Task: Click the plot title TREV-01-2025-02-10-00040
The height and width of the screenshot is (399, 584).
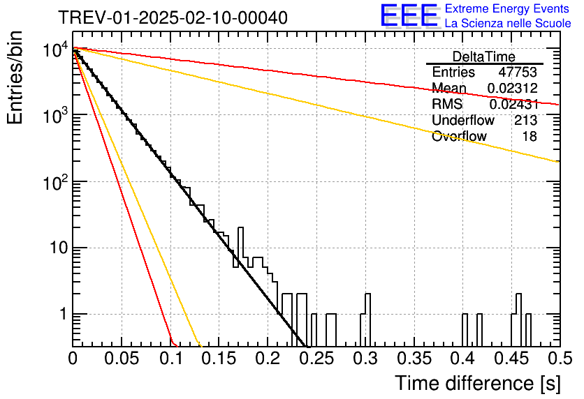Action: click(x=173, y=17)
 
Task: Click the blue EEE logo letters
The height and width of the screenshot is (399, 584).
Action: click(x=409, y=15)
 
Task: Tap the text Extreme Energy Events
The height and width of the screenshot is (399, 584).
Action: click(x=507, y=8)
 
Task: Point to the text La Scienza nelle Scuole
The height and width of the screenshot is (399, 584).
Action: click(x=508, y=23)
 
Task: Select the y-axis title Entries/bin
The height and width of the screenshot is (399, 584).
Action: click(x=15, y=77)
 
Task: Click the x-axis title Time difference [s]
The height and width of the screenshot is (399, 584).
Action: click(x=478, y=383)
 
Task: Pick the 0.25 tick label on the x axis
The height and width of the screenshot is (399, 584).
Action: click(x=316, y=359)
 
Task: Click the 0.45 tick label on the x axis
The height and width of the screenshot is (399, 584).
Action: click(x=512, y=359)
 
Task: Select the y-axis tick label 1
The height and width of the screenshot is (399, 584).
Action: click(x=63, y=314)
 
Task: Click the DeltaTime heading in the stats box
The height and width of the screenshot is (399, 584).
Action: click(x=484, y=57)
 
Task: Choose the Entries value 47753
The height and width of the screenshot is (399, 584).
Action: click(x=518, y=72)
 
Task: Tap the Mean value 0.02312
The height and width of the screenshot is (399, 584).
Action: click(x=513, y=88)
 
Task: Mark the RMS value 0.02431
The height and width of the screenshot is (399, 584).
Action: click(x=513, y=104)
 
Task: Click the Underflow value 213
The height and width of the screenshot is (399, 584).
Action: click(x=526, y=120)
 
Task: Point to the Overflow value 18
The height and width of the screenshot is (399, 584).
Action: click(x=530, y=136)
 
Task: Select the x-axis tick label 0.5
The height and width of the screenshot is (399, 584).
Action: click(x=560, y=359)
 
